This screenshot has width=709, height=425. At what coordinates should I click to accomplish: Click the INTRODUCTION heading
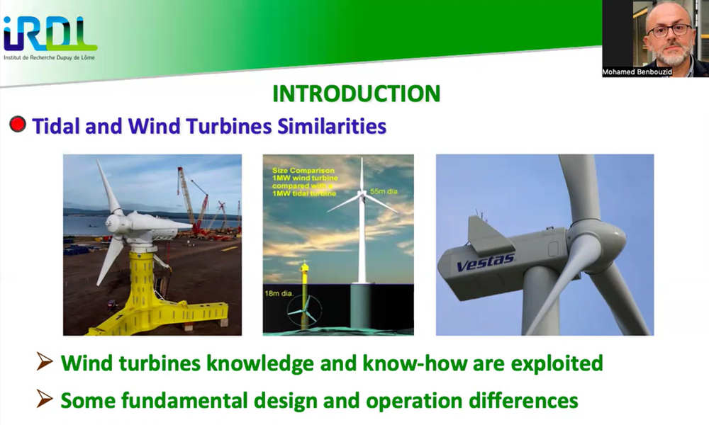(x=357, y=94)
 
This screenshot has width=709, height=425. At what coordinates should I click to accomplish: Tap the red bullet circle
(x=18, y=124)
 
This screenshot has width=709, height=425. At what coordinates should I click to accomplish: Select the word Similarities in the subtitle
(x=332, y=126)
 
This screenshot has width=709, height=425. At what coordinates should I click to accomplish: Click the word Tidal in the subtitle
(x=57, y=126)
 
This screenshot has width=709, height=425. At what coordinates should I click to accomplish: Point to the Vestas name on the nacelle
(x=485, y=262)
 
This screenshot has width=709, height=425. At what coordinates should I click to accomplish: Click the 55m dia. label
(x=384, y=191)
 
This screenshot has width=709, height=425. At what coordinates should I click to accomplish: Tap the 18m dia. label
(x=279, y=293)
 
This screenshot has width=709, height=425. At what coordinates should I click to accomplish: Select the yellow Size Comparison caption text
(x=305, y=182)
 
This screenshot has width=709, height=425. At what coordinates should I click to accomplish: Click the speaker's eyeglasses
(x=670, y=30)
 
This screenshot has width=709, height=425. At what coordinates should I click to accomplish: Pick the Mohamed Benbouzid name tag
(x=637, y=72)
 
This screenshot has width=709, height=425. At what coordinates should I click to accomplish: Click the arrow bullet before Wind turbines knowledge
(x=44, y=361)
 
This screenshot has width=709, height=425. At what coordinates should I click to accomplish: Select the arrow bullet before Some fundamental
(x=44, y=398)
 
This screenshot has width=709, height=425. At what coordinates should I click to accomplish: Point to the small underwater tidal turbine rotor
(x=304, y=312)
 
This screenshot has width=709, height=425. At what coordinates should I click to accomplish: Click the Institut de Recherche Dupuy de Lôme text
(x=50, y=58)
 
